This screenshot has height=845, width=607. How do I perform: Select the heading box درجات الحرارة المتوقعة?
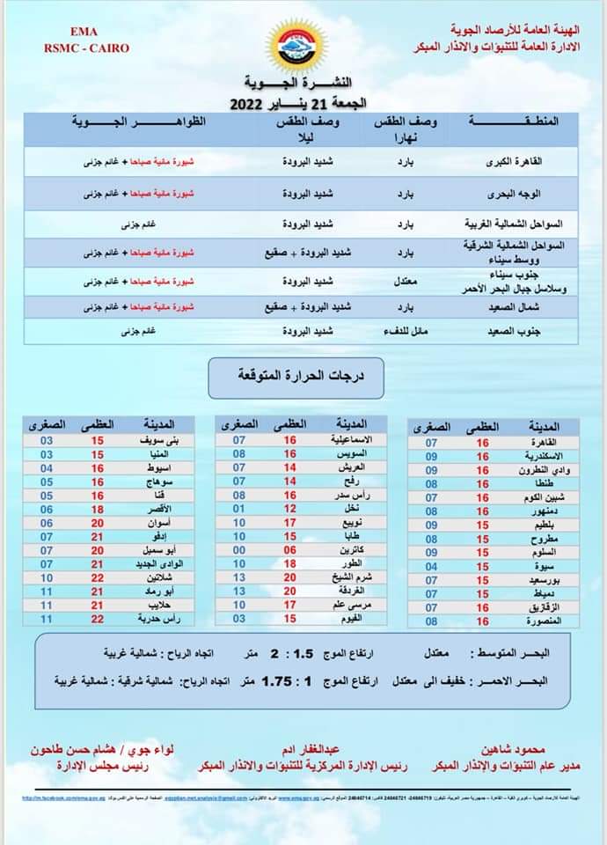click(x=300, y=376)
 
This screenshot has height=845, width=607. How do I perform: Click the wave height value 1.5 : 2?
click(x=293, y=654)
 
